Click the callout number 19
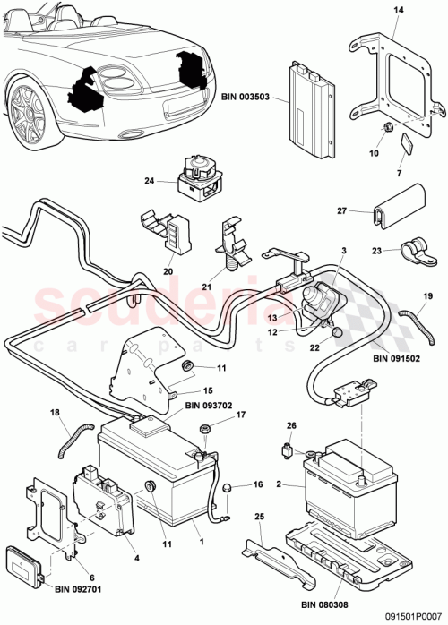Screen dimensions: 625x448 point(427,295)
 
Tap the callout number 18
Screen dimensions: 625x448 point(56,413)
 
